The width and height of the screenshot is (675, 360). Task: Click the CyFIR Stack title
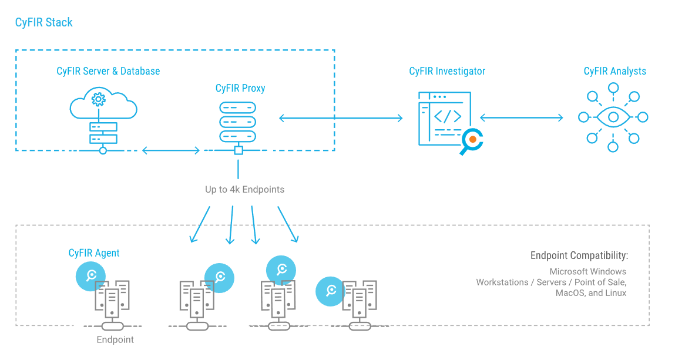pyautogui.click(x=44, y=23)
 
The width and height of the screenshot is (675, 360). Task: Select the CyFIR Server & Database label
pyautogui.click(x=108, y=71)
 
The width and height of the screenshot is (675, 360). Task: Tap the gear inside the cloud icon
pyautogui.click(x=99, y=98)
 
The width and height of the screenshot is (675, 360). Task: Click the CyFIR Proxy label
pyautogui.click(x=240, y=89)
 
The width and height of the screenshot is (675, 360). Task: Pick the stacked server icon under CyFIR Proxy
pyautogui.click(x=238, y=122)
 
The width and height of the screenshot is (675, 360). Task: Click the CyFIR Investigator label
pyautogui.click(x=447, y=72)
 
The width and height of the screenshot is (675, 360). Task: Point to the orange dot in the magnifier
pyautogui.click(x=472, y=140)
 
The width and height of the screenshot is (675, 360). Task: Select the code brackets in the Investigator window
pyautogui.click(x=448, y=116)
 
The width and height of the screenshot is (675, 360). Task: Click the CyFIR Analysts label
pyautogui.click(x=614, y=72)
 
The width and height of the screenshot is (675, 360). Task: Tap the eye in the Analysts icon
pyautogui.click(x=613, y=117)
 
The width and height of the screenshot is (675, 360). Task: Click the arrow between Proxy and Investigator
pyautogui.click(x=341, y=118)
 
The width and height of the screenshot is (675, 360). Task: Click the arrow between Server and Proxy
pyautogui.click(x=171, y=151)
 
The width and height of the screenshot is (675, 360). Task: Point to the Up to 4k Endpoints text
pyautogui.click(x=244, y=190)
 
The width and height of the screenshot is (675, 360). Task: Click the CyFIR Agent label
pyautogui.click(x=94, y=253)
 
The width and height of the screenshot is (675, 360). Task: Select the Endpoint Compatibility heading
pyautogui.click(x=579, y=255)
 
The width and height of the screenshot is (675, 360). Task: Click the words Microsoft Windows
pyautogui.click(x=587, y=272)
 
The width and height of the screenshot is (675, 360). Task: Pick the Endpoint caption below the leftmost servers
pyautogui.click(x=115, y=339)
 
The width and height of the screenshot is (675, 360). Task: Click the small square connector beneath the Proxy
pyautogui.click(x=239, y=150)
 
